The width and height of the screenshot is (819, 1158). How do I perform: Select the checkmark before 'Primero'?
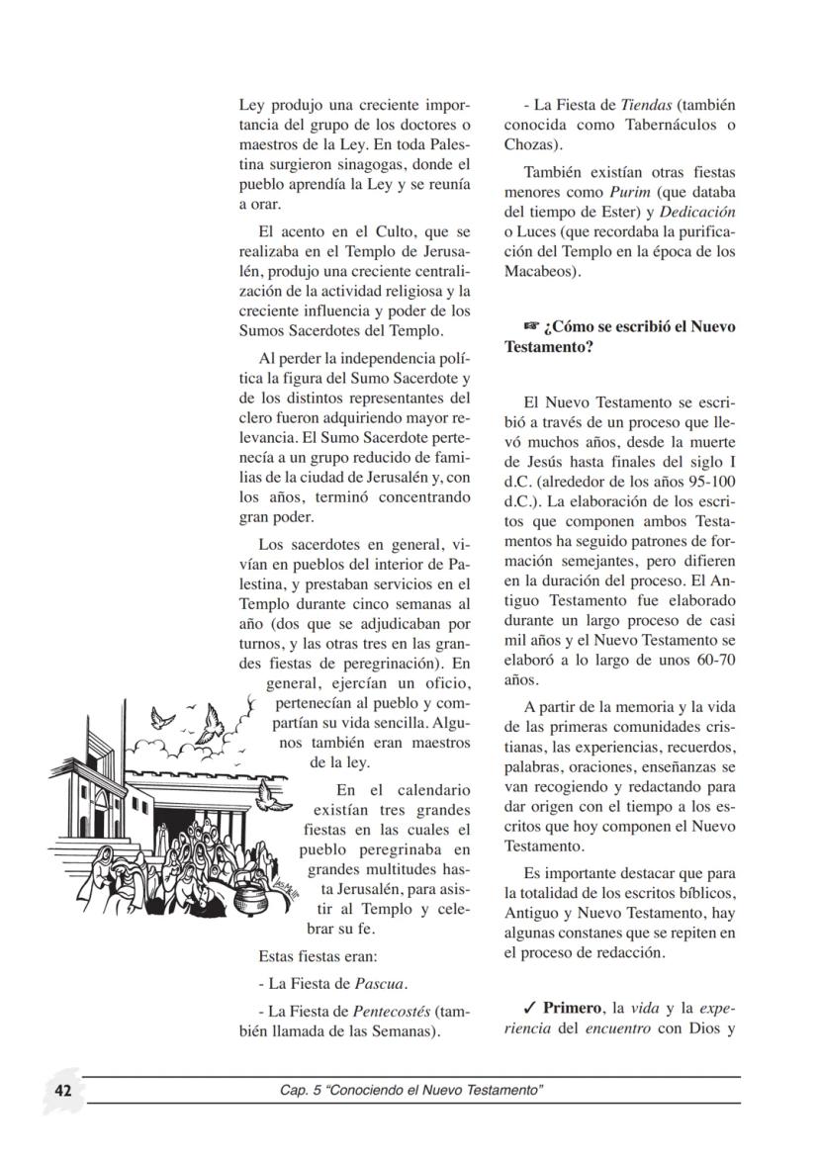pyautogui.click(x=530, y=1008)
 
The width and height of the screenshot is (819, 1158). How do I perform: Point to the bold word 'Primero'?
pyautogui.click(x=572, y=1008)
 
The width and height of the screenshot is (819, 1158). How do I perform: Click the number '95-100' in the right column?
pyautogui.click(x=711, y=483)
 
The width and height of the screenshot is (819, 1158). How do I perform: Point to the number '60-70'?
pyautogui.click(x=710, y=661)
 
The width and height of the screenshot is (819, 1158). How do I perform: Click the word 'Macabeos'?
pyautogui.click(x=540, y=272)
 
